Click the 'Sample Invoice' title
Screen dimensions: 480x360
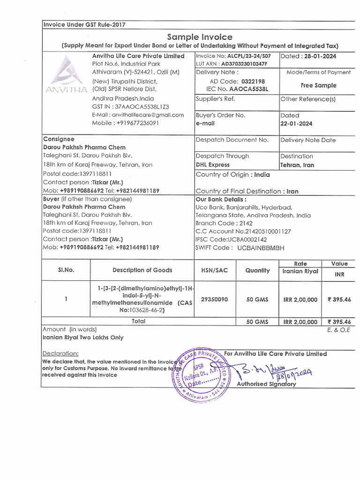200,37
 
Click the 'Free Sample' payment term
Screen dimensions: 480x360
318,85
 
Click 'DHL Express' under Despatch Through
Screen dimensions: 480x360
212,165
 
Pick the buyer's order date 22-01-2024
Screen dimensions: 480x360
296,124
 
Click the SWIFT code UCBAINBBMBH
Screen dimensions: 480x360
261,248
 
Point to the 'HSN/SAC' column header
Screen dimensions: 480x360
215,270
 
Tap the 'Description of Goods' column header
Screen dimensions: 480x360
142,270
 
